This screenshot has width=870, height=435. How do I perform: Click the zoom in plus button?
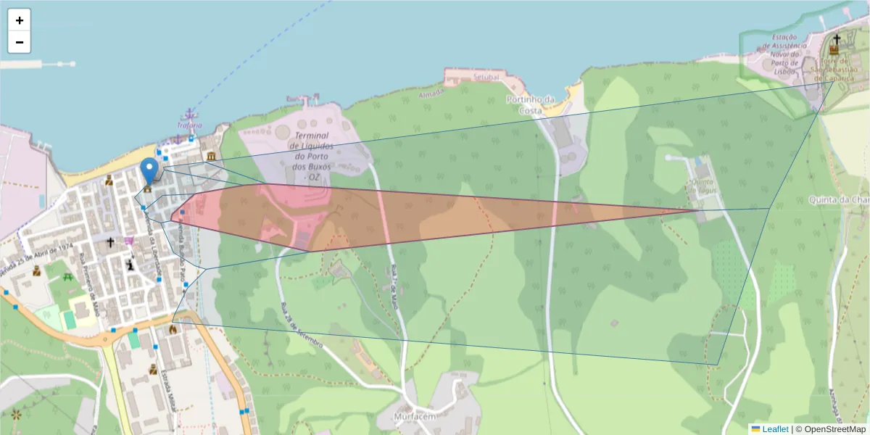coord(20,20)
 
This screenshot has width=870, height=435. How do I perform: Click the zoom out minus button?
coord(20,42)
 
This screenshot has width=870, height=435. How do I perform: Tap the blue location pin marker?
coord(149,171)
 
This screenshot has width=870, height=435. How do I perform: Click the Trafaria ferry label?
coord(188,124)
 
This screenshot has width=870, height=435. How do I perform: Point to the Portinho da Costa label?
coord(530,104)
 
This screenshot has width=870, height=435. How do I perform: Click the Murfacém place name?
coord(415,417)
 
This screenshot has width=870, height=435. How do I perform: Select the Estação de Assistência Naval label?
coord(784,54)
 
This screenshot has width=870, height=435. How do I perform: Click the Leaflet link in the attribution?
coord(775,429)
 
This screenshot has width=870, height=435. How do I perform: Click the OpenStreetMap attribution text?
coord(831,429)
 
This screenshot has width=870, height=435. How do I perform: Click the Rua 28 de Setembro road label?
coord(300,325)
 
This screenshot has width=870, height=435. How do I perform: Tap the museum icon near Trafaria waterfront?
coord(210,156)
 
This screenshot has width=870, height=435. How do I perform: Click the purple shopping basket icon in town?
coord(129,241)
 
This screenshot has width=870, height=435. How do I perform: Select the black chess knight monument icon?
coord(130,266)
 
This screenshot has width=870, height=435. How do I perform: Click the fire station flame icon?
coord(173,329)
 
